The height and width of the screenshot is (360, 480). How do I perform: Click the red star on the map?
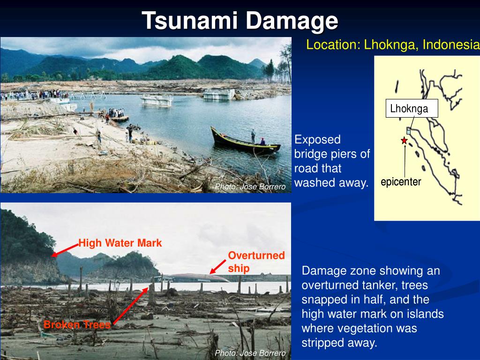pos(404,140)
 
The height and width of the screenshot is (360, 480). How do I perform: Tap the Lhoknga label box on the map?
pos(409,109)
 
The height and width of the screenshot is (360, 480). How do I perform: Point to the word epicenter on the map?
pos(401,182)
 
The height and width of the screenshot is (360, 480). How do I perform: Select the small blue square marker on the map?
pos(408,132)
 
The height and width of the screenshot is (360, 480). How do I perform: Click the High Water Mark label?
pos(120,243)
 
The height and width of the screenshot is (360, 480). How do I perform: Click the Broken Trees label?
pos(77,324)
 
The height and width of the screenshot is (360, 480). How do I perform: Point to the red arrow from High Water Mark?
pos(65,249)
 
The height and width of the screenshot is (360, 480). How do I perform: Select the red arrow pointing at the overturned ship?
pos(219,267)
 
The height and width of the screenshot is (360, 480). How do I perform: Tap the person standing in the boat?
pos(253,136)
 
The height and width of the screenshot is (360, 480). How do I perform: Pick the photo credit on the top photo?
pos(250,187)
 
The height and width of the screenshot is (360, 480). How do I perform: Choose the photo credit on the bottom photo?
pos(250,353)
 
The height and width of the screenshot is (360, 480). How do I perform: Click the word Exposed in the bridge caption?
pos(317,140)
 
